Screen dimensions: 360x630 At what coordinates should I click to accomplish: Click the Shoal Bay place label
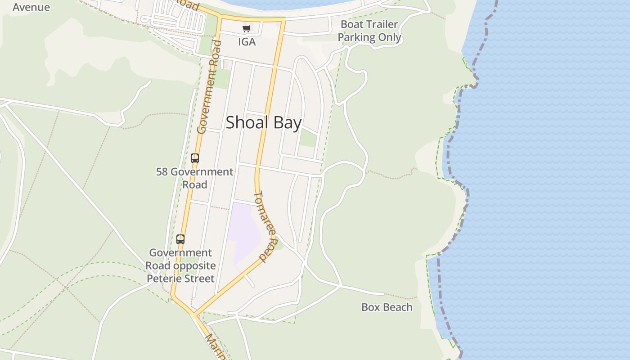tap(263, 122)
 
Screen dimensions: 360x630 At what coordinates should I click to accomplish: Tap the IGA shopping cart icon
tap(246, 29)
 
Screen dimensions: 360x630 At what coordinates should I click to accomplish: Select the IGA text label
tap(247, 42)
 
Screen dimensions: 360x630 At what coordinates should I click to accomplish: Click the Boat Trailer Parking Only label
tap(369, 31)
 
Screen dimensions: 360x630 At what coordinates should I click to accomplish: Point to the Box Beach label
tap(387, 307)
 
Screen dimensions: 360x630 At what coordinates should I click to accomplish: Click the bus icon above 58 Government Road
tap(194, 158)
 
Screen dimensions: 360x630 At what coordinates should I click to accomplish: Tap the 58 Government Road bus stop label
tap(194, 178)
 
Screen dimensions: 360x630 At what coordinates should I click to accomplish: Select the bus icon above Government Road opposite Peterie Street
tap(180, 239)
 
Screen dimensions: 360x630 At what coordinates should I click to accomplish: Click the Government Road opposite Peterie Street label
tap(180, 265)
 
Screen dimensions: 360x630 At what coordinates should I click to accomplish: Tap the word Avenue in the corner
tap(31, 7)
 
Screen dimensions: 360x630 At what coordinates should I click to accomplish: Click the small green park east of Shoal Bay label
tap(308, 138)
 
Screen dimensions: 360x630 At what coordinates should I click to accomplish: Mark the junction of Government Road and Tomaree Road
tap(194, 313)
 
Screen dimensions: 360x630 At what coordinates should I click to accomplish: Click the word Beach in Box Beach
tap(396, 307)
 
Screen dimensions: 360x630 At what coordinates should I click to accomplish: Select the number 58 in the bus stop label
tap(162, 172)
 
